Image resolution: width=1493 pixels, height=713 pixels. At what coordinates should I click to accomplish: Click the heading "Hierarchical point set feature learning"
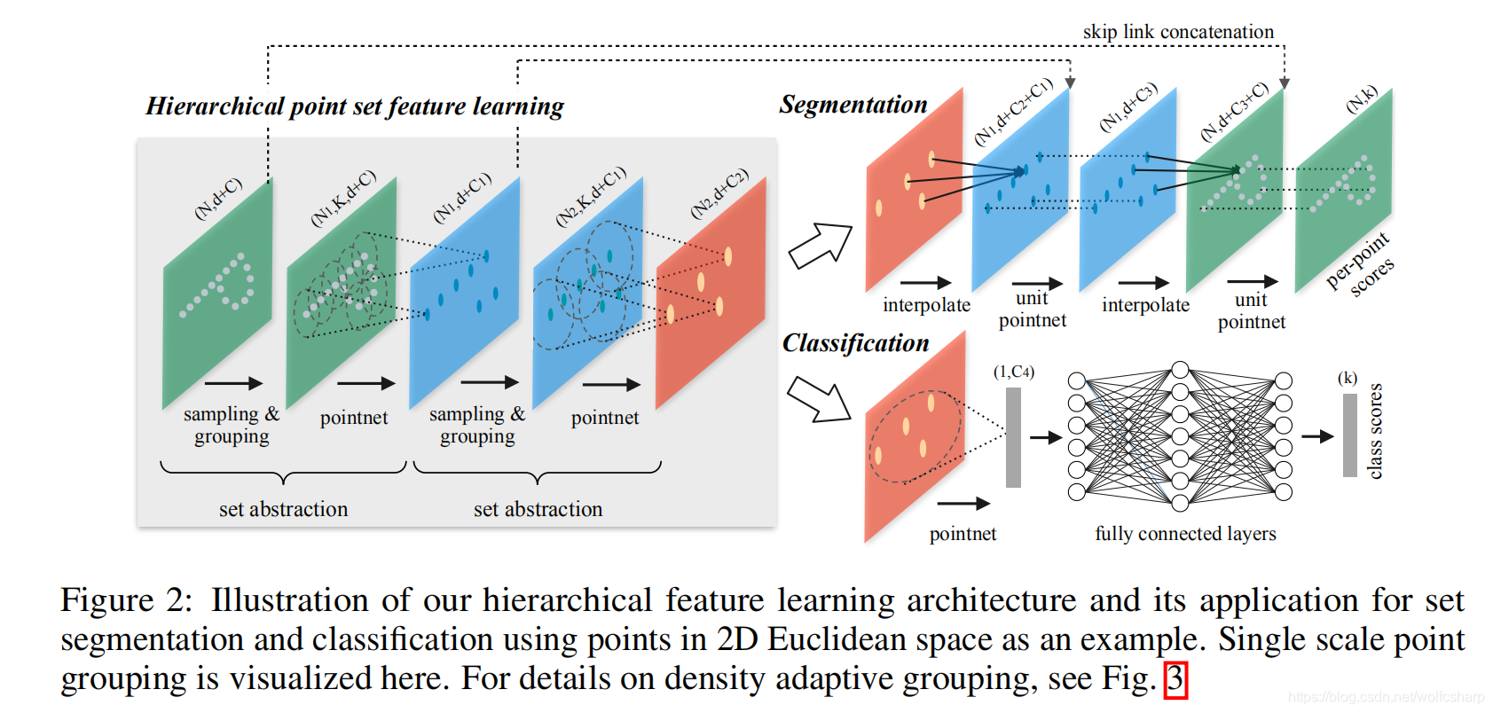pos(355,106)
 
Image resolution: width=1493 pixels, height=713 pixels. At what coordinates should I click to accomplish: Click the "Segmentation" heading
pos(853,105)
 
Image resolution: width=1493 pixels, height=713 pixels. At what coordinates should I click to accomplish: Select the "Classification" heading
pos(855,343)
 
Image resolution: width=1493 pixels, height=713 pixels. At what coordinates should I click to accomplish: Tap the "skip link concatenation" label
pos(1178,32)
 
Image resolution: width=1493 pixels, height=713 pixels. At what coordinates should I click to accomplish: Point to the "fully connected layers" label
pos(1185,534)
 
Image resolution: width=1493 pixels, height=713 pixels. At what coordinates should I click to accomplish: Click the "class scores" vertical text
pos(1375,431)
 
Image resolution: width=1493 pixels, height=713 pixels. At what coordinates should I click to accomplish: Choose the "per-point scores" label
pos(1360,265)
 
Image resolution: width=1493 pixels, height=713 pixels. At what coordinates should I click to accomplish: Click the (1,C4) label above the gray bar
pos(1013,372)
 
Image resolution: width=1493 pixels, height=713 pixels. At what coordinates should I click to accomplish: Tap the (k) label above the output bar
pos(1348,378)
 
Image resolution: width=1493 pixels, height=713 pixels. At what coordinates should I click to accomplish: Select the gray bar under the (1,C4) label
pos(1013,437)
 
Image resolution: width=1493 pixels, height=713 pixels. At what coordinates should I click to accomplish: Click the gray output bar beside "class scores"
pos(1349,435)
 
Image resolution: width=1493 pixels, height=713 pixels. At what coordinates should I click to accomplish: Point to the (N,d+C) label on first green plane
pos(217,199)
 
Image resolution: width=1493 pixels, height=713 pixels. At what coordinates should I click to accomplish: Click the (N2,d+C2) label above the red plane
pos(719,193)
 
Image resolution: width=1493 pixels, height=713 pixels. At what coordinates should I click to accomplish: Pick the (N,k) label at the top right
pos(1362,99)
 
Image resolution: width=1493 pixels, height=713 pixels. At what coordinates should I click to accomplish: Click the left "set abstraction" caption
pos(283,509)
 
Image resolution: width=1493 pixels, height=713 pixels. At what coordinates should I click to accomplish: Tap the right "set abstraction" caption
pos(538,509)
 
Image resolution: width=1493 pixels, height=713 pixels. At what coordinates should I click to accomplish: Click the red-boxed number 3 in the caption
pos(1175,679)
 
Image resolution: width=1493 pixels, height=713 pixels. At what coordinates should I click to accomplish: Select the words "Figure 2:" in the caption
pos(125,600)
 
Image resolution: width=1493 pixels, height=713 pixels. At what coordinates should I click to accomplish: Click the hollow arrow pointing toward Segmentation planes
pos(820,246)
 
